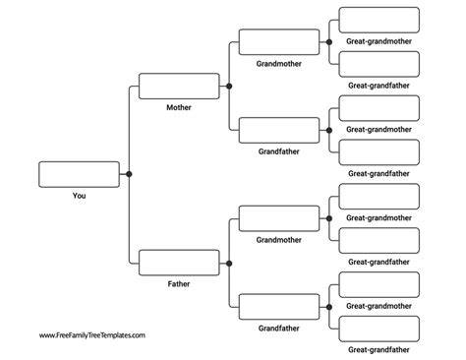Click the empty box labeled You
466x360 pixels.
[x=79, y=174]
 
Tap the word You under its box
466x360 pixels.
[x=79, y=196]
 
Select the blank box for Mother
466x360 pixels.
[x=179, y=87]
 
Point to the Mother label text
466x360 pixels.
[x=179, y=107]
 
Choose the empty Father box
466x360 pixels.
[x=179, y=263]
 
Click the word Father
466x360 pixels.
[x=179, y=284]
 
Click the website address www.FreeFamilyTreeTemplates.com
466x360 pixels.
[x=92, y=335]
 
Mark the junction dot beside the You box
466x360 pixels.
[x=129, y=174]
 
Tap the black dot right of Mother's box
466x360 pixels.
[x=229, y=87]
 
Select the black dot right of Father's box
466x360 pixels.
[x=229, y=264]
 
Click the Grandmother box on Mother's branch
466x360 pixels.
[x=279, y=42]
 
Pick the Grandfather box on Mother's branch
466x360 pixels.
[x=279, y=130]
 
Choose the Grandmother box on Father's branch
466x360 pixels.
[x=279, y=218]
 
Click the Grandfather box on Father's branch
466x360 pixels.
[x=279, y=307]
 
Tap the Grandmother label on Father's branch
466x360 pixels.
[x=279, y=240]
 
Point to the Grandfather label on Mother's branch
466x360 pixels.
[x=279, y=151]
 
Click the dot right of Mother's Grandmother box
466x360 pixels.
[x=329, y=42]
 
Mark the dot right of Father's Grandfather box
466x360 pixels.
[x=329, y=307]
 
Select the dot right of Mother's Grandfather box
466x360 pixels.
[x=329, y=130]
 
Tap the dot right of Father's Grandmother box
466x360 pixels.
[x=329, y=218]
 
